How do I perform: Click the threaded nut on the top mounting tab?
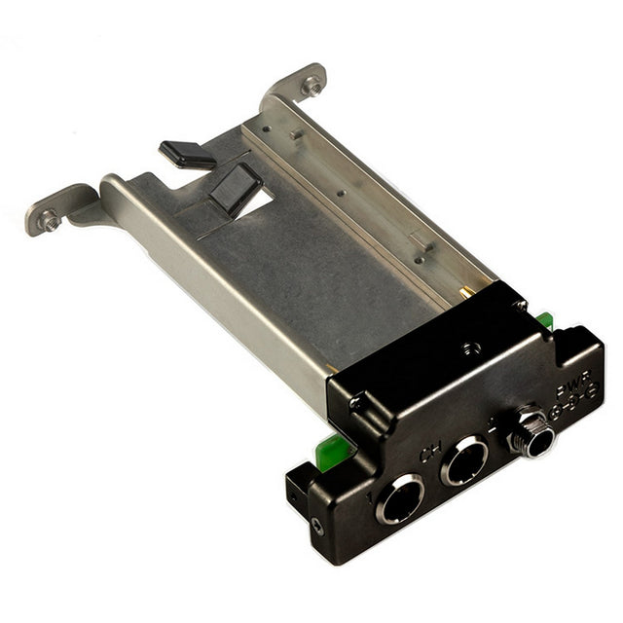pos(311,86)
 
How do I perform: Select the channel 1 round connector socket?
pos(401,499)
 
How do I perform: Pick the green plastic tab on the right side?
pos(547,320)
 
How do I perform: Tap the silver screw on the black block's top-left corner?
pos(356,400)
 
